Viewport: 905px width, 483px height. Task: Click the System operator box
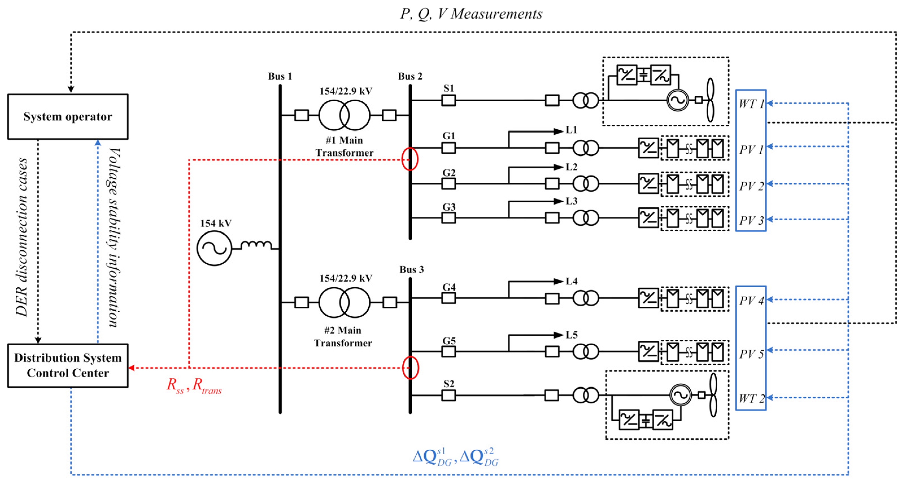pyautogui.click(x=68, y=117)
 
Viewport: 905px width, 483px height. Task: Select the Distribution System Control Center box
pyautogui.click(x=68, y=366)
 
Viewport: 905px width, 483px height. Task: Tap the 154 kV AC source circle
pyautogui.click(x=214, y=248)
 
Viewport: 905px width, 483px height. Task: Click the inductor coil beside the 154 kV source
pyautogui.click(x=256, y=245)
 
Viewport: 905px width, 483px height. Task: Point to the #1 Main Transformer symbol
pyautogui.click(x=344, y=115)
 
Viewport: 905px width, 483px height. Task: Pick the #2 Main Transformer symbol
pyautogui.click(x=344, y=302)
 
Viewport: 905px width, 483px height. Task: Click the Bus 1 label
pyautogui.click(x=280, y=76)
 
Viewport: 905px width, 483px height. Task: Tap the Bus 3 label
pyautogui.click(x=411, y=269)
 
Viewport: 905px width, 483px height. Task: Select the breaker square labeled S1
pyautogui.click(x=448, y=100)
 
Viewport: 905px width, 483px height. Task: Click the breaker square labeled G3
pyautogui.click(x=448, y=218)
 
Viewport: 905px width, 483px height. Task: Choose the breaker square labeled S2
pyautogui.click(x=448, y=396)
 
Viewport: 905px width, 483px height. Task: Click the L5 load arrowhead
pyautogui.click(x=558, y=335)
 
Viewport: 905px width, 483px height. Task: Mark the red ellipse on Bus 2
pyautogui.click(x=410, y=159)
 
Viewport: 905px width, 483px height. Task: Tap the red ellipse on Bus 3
pyautogui.click(x=410, y=368)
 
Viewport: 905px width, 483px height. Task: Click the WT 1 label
pyautogui.click(x=751, y=104)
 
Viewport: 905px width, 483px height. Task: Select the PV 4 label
pyautogui.click(x=751, y=301)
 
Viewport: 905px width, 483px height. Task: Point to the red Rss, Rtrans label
pyautogui.click(x=194, y=385)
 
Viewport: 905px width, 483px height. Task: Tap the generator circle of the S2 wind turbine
pyautogui.click(x=680, y=395)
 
